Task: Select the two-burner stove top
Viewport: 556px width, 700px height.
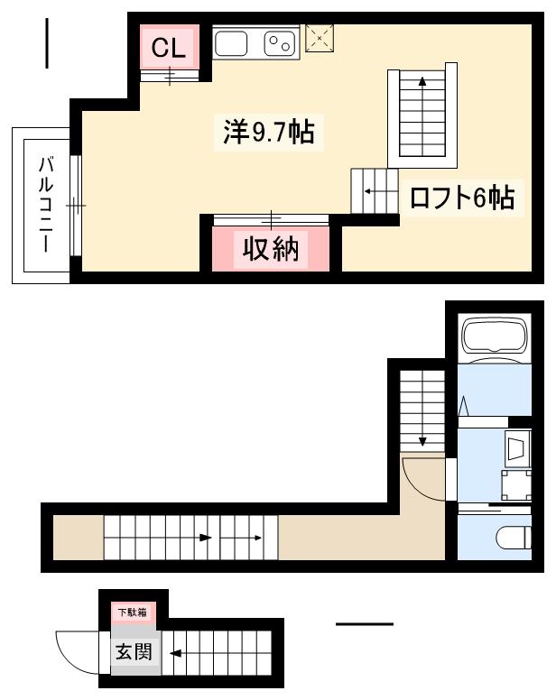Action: (x=279, y=42)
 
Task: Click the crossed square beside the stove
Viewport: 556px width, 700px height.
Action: (x=320, y=39)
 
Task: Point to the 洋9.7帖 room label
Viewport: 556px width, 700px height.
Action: (x=268, y=133)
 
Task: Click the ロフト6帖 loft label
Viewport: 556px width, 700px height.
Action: (x=462, y=198)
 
